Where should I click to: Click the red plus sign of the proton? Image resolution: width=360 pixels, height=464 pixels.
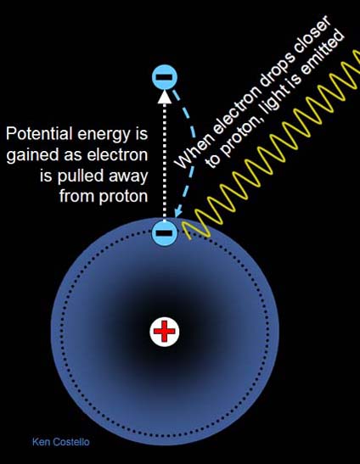[x=165, y=332]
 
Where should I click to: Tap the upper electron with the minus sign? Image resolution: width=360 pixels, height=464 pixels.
[x=165, y=77]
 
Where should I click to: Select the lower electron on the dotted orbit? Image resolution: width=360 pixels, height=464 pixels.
[x=165, y=232]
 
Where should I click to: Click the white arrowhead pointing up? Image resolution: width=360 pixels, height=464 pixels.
[x=165, y=97]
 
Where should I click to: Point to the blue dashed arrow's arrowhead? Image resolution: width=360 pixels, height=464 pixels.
[x=178, y=212]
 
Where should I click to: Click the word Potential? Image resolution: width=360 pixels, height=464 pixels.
[x=39, y=133]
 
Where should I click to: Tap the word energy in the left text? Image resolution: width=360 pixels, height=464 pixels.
[x=104, y=135]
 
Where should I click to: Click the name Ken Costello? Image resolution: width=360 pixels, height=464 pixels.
[x=61, y=442]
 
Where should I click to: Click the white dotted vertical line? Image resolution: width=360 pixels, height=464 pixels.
[x=165, y=161]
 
